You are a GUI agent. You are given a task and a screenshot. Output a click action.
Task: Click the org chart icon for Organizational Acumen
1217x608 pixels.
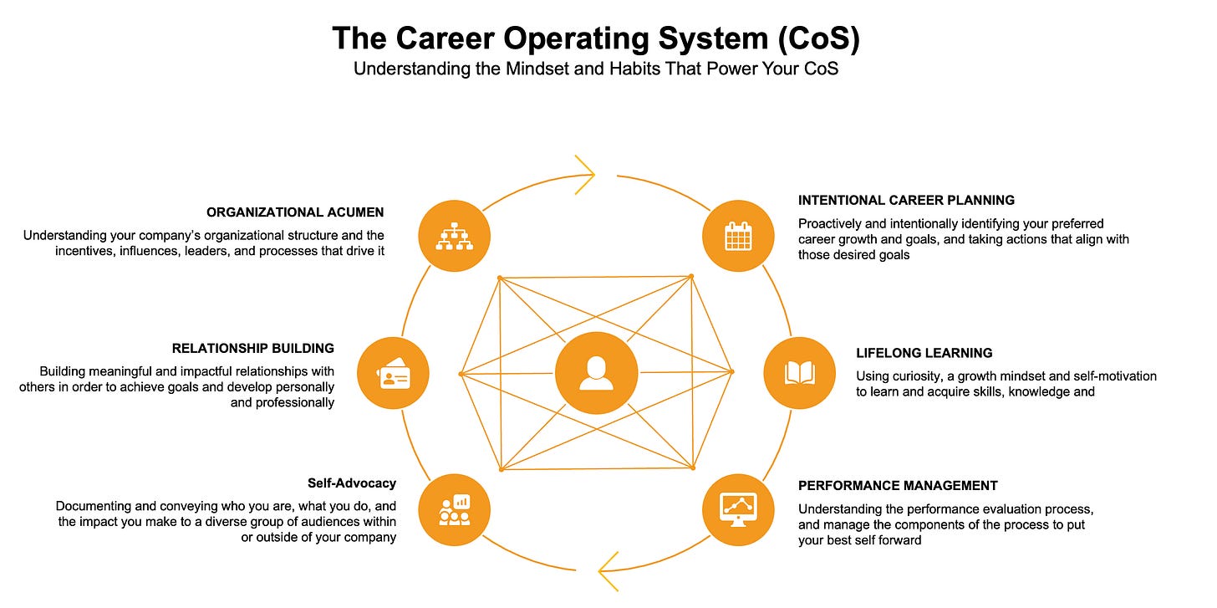tap(454, 237)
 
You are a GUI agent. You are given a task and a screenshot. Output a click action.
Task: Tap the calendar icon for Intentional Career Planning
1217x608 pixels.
tap(738, 237)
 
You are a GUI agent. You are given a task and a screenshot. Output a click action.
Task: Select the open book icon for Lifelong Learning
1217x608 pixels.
tap(799, 373)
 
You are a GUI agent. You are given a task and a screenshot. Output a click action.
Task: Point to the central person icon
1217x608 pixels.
tap(596, 373)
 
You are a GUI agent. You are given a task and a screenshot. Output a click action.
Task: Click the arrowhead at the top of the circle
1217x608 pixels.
tap(583, 175)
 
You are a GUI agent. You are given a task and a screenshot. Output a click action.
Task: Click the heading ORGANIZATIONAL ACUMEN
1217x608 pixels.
tap(295, 212)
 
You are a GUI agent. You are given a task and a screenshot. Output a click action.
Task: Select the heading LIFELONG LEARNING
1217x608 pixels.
tap(924, 354)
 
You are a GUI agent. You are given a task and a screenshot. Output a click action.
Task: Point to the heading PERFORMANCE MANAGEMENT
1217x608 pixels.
tap(898, 486)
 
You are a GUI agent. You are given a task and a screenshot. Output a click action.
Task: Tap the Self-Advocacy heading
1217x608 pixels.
tap(352, 483)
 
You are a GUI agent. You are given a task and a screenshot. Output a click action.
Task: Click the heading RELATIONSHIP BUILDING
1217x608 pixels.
tap(253, 349)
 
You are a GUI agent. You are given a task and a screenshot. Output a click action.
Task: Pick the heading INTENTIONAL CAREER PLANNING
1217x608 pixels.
tap(906, 201)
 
